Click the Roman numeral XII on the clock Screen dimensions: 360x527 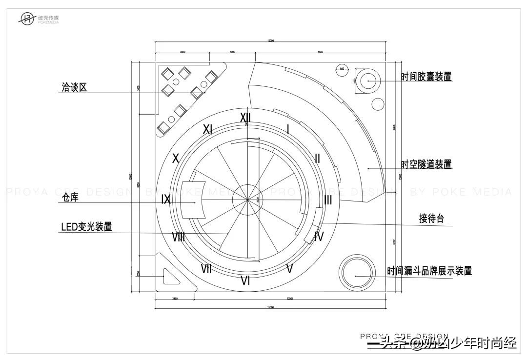245,118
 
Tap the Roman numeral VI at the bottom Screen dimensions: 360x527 245,280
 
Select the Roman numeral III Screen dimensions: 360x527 328,200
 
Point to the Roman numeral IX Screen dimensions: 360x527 166,200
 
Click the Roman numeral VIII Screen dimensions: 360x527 178,237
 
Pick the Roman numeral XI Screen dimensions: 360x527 207,129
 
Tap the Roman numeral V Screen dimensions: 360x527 289,268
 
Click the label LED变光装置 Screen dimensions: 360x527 86,227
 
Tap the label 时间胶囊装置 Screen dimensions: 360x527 426,77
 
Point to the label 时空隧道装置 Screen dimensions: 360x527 426,164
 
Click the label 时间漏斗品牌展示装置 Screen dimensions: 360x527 429,271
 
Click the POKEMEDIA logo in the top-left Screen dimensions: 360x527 39,20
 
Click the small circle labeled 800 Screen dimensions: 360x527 342,69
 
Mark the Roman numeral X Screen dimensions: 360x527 176,159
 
